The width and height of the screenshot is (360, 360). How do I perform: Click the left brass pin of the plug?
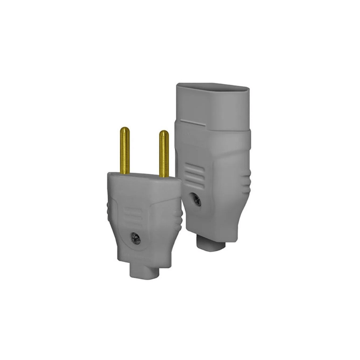tap(125, 151)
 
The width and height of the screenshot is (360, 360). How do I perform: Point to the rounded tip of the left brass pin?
tap(125, 130)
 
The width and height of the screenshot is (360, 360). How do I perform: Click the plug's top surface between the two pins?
tap(144, 176)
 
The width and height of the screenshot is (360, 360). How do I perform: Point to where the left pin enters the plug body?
tap(125, 173)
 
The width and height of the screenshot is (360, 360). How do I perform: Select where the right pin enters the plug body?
tap(164, 177)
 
